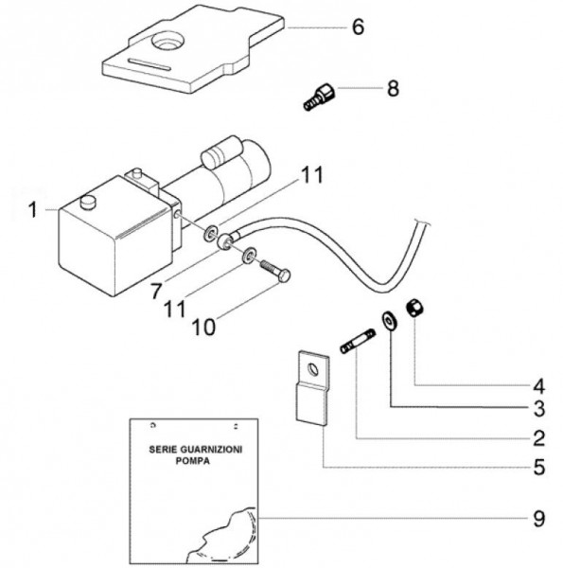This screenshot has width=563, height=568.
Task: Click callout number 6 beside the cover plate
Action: [x=358, y=27]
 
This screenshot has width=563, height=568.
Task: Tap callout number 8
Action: [x=393, y=88]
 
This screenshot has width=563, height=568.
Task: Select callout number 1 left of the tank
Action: [x=33, y=210]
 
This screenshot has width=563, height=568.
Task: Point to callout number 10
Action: [x=203, y=328]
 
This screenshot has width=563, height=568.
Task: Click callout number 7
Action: [x=156, y=291]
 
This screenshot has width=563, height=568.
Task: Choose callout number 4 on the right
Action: [x=539, y=386]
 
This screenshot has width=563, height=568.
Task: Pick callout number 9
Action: [x=539, y=519]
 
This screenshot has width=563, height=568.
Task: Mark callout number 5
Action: [x=539, y=467]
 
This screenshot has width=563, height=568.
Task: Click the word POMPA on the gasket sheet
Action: [x=193, y=461]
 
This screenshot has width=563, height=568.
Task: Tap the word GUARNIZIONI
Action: [x=211, y=450]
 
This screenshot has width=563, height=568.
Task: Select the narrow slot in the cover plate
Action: [x=150, y=63]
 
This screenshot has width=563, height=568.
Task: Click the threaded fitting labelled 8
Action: [x=319, y=97]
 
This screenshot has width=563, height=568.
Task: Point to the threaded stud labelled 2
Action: [x=358, y=341]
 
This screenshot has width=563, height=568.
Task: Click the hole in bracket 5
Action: [x=313, y=369]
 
